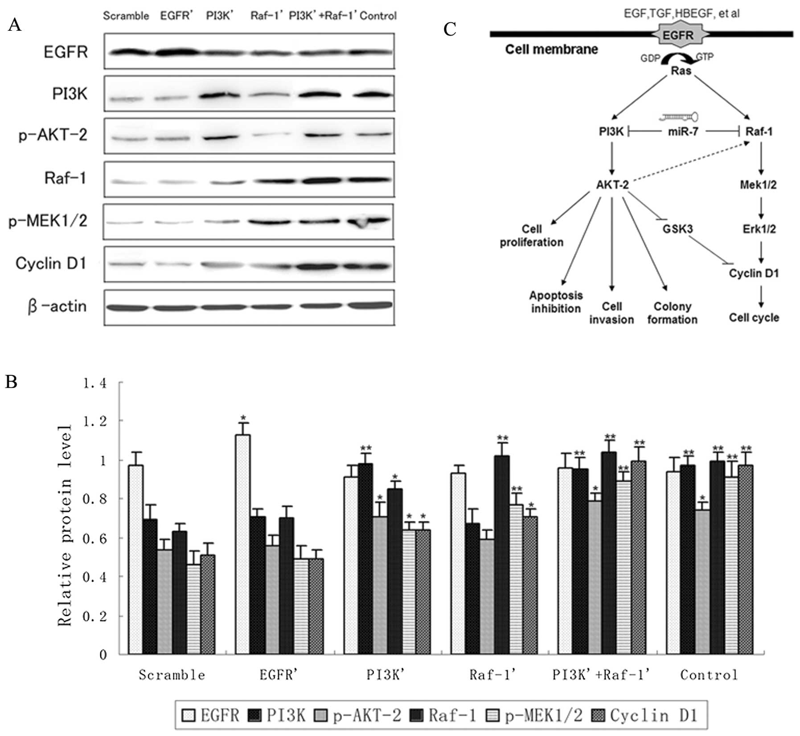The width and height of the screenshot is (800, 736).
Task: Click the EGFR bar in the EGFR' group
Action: (243, 544)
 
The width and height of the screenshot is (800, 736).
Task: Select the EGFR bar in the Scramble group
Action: (135, 559)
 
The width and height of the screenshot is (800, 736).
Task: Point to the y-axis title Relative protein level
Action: (65, 526)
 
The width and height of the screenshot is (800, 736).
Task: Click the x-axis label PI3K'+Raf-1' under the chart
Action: (601, 675)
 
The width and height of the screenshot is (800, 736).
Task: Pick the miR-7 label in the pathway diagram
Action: (683, 132)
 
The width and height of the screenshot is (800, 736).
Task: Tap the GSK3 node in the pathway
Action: (677, 229)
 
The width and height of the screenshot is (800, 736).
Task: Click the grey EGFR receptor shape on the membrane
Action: (678, 35)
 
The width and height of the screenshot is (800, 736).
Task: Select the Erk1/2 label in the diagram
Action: (759, 229)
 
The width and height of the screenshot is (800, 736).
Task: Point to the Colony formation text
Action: (672, 313)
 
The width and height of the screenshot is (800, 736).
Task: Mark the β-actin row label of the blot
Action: (57, 307)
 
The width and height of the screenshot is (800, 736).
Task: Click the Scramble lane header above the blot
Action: (126, 16)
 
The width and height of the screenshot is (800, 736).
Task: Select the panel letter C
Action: (450, 29)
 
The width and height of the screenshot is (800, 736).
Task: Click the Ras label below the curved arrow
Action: (681, 71)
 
